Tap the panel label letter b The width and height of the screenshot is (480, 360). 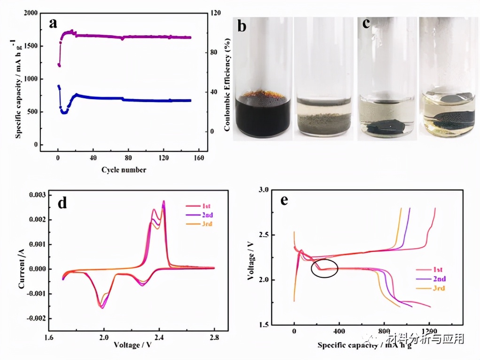click(x=241, y=26)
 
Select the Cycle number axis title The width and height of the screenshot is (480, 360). click(x=124, y=170)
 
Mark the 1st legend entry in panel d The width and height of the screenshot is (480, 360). click(x=206, y=206)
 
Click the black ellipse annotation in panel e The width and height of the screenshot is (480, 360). click(x=325, y=268)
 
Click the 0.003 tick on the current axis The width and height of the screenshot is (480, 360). click(x=40, y=195)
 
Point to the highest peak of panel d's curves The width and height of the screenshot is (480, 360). click(x=163, y=201)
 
